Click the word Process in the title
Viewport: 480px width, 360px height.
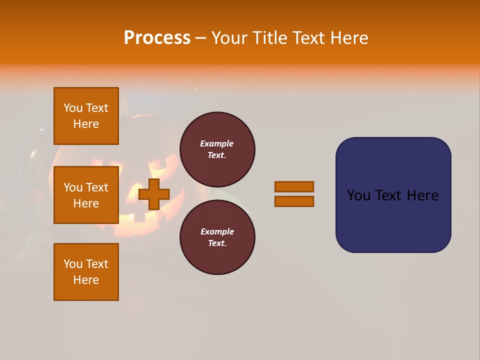point(157,38)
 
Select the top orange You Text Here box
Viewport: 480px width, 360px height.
point(86,116)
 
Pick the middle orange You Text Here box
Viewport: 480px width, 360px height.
point(86,195)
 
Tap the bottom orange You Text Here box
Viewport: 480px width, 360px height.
point(86,272)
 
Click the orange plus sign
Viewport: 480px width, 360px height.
point(154,194)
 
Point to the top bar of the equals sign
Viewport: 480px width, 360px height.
point(294,186)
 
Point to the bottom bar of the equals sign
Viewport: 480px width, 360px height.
point(294,201)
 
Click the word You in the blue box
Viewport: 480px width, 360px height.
point(358,195)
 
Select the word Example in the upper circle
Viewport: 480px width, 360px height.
point(216,143)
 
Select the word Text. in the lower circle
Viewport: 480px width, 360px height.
point(217,243)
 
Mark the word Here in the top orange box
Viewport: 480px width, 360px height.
point(86,124)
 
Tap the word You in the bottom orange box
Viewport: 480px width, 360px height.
point(73,264)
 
